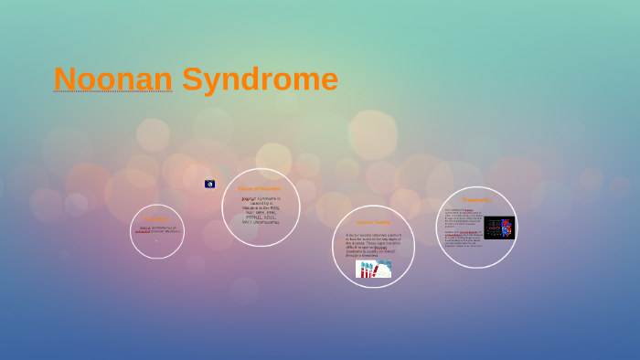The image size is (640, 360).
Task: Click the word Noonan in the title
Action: [x=112, y=79]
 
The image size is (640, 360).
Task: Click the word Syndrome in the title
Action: [x=260, y=79]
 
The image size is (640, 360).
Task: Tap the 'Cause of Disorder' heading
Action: [x=260, y=188]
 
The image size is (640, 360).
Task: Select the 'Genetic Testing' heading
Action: [x=373, y=222]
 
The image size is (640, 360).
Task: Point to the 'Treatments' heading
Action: [x=476, y=200]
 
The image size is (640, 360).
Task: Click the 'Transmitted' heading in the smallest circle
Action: [x=155, y=219]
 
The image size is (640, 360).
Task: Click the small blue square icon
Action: [x=209, y=184]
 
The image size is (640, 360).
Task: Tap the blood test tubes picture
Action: [x=373, y=269]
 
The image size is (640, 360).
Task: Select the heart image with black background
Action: [x=499, y=228]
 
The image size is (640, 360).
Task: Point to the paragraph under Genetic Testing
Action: [x=372, y=244]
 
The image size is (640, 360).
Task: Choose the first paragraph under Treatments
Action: [x=463, y=218]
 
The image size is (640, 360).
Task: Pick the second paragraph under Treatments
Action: [x=463, y=239]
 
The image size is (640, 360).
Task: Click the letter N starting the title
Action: [x=65, y=79]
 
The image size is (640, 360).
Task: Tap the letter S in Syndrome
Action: [x=193, y=79]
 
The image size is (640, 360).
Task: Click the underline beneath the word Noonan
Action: [x=112, y=92]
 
